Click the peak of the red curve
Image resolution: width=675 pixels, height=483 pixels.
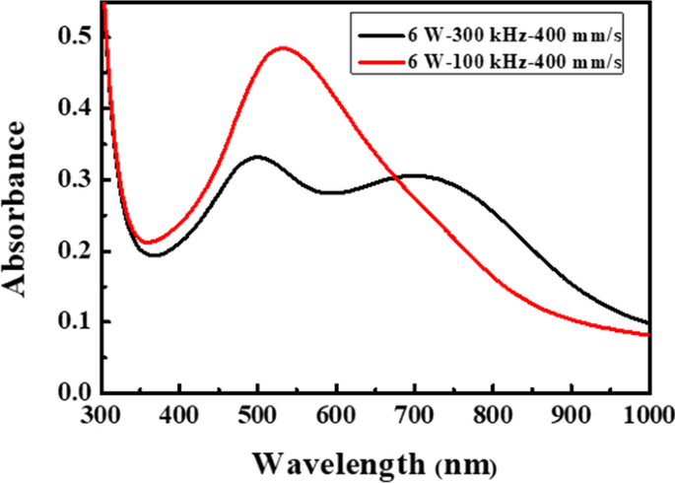pos(284,47)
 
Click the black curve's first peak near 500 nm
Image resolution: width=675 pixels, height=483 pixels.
pos(258,156)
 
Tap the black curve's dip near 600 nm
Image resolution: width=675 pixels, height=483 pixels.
pos(333,193)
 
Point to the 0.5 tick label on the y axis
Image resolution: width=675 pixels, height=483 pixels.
pos(76,36)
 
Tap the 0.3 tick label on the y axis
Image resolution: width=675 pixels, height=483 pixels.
pos(76,179)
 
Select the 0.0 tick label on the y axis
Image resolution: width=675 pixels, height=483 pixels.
pos(76,394)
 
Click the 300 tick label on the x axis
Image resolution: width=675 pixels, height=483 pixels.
pos(101,414)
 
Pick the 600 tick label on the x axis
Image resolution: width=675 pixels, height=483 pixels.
pos(336,414)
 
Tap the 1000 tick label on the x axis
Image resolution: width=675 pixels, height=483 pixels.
pos(646,414)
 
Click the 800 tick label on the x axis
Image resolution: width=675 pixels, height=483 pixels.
pos(493,414)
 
